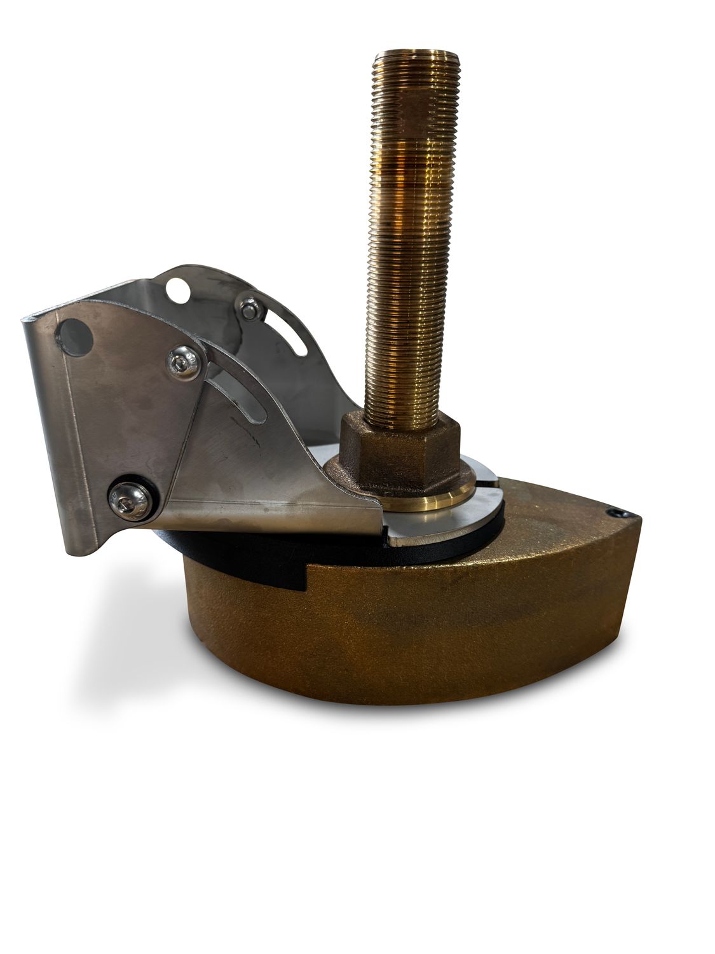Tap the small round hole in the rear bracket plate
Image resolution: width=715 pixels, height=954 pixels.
click(179, 291)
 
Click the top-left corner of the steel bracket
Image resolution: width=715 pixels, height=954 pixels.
click(25, 322)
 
